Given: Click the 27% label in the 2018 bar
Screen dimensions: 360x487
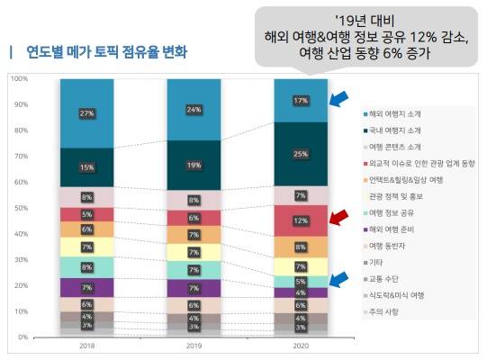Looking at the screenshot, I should click(x=87, y=113).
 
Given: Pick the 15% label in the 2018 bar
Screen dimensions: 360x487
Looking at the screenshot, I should click(x=87, y=167).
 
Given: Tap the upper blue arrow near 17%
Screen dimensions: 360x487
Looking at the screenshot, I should click(x=341, y=97).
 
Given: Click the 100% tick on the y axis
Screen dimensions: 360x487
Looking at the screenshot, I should click(x=20, y=79).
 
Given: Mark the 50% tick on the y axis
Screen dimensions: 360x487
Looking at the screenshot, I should click(x=20, y=208).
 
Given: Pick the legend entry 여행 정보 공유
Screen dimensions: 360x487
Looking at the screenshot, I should click(x=397, y=212).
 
